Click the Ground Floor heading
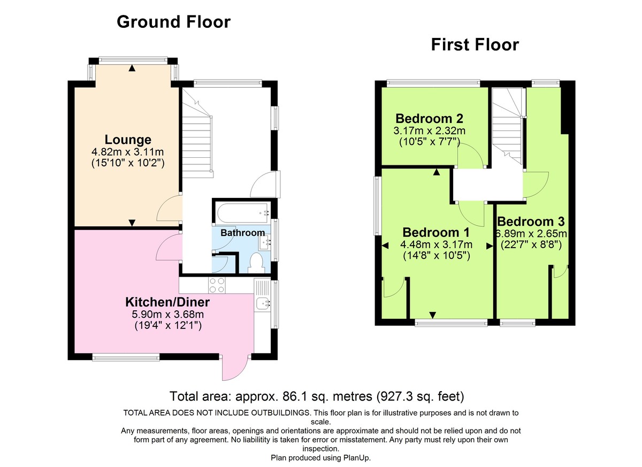[173, 22]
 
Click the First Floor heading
[475, 45]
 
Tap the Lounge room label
[128, 140]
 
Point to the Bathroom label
[242, 233]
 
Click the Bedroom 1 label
[435, 233]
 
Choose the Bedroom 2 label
[429, 118]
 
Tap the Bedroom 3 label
[530, 221]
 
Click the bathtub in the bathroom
[242, 213]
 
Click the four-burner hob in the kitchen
[217, 286]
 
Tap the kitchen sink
[263, 304]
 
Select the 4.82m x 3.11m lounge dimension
[128, 152]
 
